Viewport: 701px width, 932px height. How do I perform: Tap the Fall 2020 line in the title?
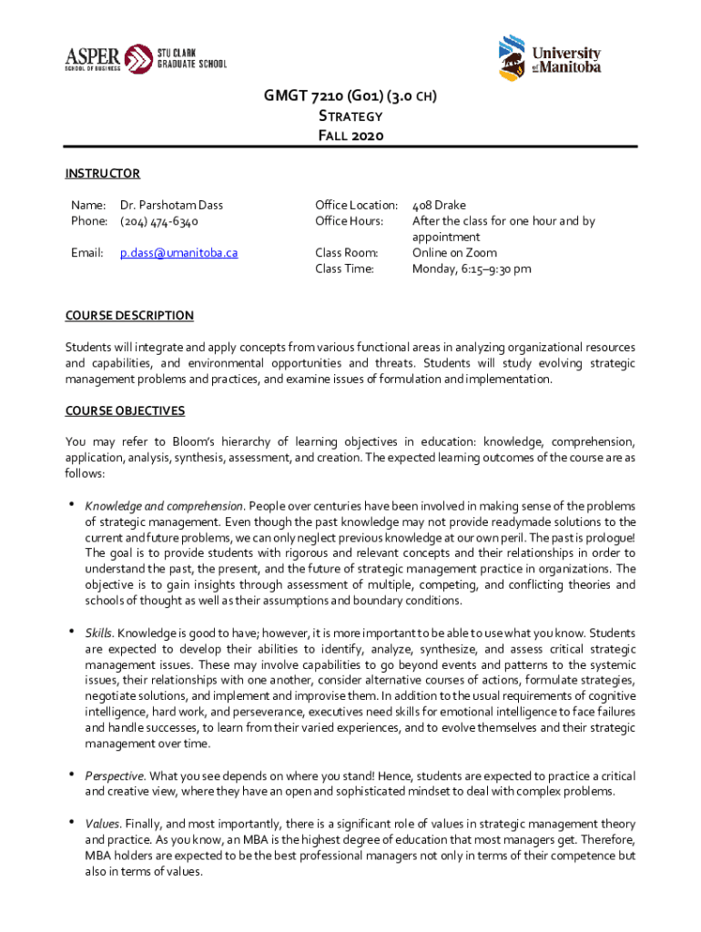(350, 136)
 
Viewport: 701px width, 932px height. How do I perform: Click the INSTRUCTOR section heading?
(102, 174)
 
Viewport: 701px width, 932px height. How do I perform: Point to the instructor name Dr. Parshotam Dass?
(171, 205)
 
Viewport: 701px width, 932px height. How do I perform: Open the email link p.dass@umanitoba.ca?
(178, 252)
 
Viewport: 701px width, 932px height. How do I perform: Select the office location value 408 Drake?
(439, 205)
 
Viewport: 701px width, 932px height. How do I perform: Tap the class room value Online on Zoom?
(454, 252)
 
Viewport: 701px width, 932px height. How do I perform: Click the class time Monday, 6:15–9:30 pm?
(472, 268)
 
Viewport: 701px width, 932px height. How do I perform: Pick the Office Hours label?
(349, 221)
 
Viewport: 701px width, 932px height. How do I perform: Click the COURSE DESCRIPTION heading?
(128, 316)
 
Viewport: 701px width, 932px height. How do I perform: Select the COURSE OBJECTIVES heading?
(125, 410)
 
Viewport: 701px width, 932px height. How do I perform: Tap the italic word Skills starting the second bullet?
(98, 632)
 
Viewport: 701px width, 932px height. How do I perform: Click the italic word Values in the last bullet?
(102, 823)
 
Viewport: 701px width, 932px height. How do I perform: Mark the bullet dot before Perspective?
(70, 775)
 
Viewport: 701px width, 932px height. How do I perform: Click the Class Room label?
(346, 252)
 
